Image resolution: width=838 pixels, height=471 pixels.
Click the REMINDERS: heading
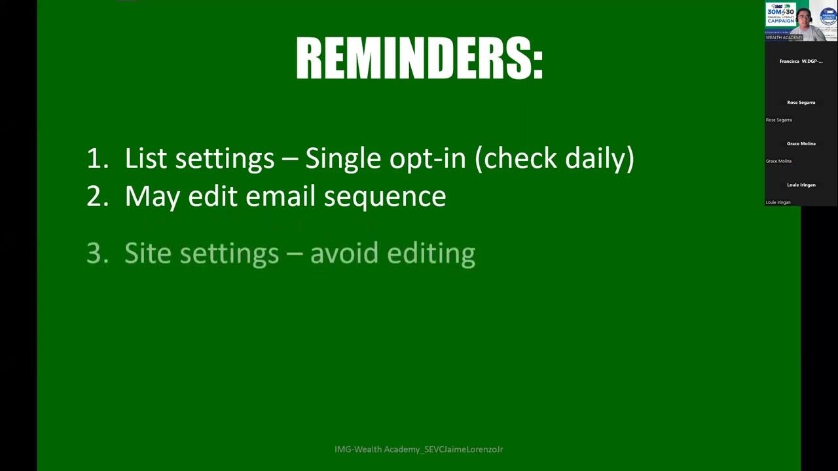tap(420, 59)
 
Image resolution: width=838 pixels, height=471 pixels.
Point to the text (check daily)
tap(554, 158)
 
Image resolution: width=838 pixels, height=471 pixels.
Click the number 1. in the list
tap(97, 158)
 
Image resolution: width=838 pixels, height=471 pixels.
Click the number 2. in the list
tap(97, 196)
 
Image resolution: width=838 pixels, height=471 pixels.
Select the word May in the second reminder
tap(152, 196)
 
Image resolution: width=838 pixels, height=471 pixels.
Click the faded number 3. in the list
tap(97, 253)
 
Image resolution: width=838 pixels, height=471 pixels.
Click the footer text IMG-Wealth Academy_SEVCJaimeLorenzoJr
tap(418, 449)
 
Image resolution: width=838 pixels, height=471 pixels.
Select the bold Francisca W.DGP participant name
tap(801, 61)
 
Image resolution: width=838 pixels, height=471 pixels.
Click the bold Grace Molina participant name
tap(801, 144)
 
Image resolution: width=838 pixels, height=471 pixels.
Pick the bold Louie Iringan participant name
tap(801, 185)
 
